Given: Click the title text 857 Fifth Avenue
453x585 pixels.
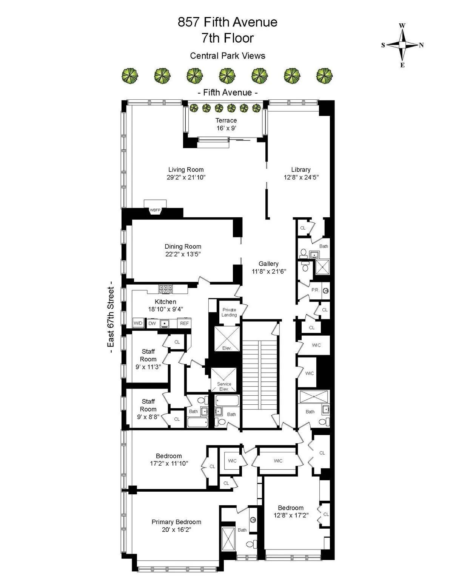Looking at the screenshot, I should (x=227, y=22).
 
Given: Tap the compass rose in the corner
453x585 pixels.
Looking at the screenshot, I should (x=402, y=45).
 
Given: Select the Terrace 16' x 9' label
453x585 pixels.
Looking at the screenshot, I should (x=226, y=124).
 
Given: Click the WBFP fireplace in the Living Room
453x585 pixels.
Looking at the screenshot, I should (x=155, y=209).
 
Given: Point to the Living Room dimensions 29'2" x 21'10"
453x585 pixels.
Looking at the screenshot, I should (x=186, y=177).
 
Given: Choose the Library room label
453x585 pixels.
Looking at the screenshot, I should (x=301, y=170).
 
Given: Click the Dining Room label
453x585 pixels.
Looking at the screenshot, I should (x=183, y=246).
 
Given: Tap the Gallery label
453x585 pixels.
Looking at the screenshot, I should (x=268, y=264).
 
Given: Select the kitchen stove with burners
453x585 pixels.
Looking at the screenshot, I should (x=166, y=289).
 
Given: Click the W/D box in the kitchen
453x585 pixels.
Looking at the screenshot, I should (x=138, y=323).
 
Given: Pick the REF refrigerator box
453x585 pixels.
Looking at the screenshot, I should (x=184, y=323).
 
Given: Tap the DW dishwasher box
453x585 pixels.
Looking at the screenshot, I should (x=152, y=323).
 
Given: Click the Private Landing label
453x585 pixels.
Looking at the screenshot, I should (x=229, y=312).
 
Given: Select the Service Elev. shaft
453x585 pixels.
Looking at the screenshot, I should (x=224, y=380).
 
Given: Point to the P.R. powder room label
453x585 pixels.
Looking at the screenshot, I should (x=315, y=290).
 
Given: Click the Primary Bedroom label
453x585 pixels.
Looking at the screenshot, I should (x=176, y=522).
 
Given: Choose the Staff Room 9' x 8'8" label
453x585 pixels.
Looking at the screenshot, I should (x=148, y=409).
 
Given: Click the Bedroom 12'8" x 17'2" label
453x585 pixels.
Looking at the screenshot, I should (x=291, y=511).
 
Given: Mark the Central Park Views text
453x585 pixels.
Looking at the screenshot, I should (x=227, y=56).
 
